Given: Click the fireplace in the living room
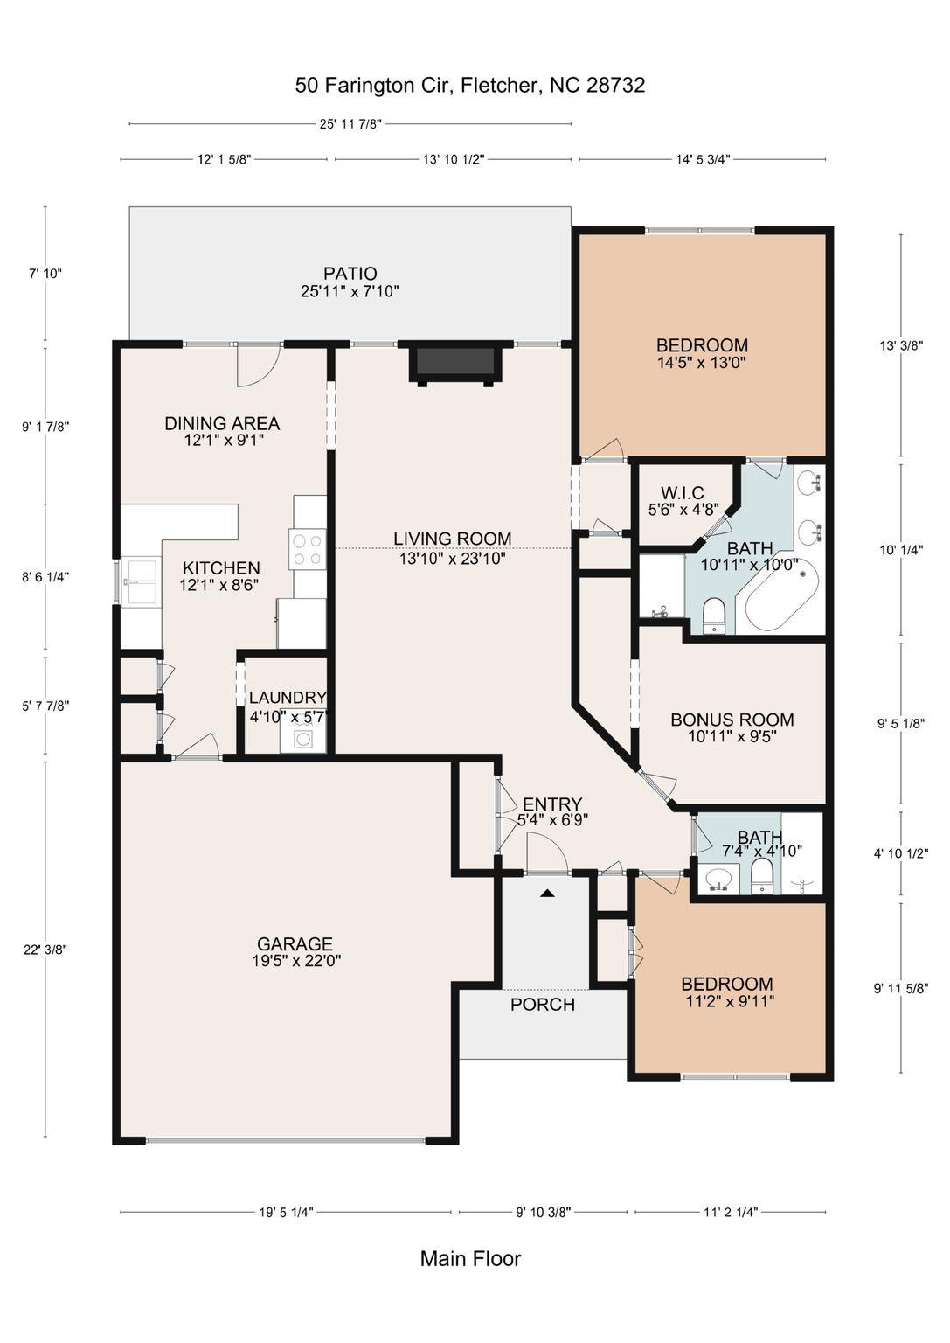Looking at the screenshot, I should pos(455,363).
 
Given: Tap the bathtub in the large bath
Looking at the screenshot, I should pos(784,602).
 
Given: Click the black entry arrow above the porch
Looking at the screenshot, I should pos(547,893).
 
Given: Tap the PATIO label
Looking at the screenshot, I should pos(350,274).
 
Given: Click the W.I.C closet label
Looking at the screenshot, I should pos(682,494).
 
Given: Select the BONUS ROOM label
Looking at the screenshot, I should pos(732,720).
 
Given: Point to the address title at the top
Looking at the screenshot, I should pos(470,85).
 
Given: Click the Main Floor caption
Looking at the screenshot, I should pos(470,1259).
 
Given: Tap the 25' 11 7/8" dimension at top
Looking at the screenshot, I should pos(350,124).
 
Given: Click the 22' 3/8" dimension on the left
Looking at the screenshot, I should pos(45,950).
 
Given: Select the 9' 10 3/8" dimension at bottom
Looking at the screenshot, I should pos(543,1212).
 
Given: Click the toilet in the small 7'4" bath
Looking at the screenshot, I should pos(762,876).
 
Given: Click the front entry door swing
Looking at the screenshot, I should pos(547,852).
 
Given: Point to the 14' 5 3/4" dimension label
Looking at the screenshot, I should pos(703,159).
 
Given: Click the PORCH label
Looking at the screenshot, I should pos(543,1005).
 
